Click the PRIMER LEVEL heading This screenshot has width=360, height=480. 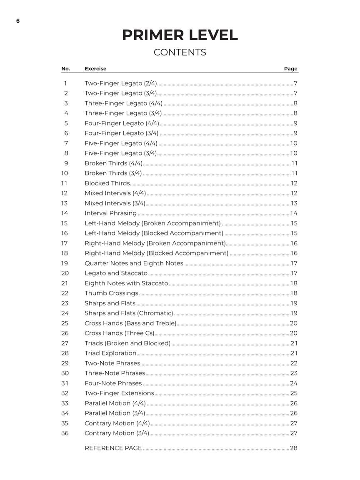coord(180,35)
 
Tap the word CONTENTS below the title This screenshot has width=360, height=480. coord(180,52)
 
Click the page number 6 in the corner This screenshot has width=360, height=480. coord(18,21)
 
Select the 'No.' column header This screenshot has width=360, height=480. coord(65,69)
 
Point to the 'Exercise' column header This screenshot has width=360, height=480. coord(95,69)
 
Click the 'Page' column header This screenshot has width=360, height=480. coord(290,69)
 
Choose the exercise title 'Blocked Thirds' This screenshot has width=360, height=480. coord(107,183)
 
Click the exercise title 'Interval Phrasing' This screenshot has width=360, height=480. coord(110,213)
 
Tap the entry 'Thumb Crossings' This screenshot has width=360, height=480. coord(111,293)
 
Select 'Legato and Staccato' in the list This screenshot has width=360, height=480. coord(116,273)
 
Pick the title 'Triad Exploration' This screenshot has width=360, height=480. coord(110,353)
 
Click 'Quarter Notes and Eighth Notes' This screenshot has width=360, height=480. coord(134,263)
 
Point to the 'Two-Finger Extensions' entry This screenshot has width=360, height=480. coord(119,393)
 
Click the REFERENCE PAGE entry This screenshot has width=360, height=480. coord(113,448)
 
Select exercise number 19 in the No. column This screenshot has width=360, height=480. coord(65,263)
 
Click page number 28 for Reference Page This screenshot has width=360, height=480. coord(294,448)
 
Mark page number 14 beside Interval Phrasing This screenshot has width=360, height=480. coord(294,213)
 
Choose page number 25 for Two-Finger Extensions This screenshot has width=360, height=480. coord(294,393)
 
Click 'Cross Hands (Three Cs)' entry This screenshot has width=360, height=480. coord(119,333)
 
